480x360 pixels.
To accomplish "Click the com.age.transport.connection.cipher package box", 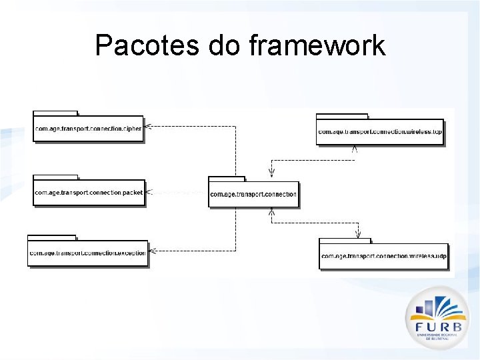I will tap(88, 129).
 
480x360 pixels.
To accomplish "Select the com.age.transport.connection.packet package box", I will tap(89, 193).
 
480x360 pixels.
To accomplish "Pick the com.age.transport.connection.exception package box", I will tap(87, 253).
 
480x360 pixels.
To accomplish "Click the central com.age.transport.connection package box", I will tap(253, 194).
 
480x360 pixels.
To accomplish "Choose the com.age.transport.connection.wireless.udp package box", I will tap(383, 255).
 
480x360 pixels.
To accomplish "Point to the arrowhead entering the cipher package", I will tap(148, 126).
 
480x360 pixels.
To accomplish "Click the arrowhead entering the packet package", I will tap(149, 192).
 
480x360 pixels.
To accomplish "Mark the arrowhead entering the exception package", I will tap(151, 251).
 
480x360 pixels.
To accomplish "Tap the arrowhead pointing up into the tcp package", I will tap(355, 149).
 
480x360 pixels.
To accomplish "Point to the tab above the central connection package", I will tap(227, 179).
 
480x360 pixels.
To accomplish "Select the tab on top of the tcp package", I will tap(342, 116).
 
